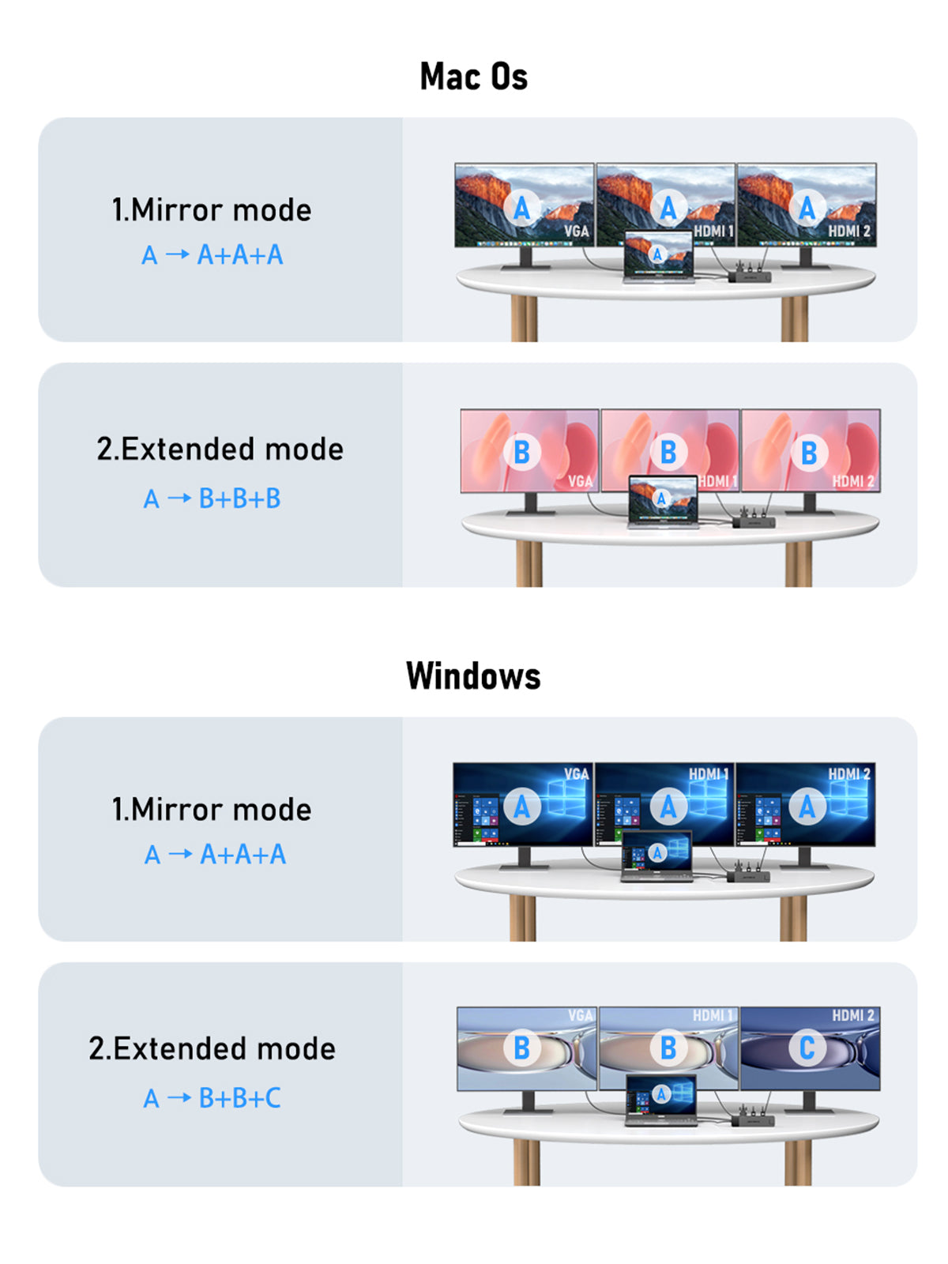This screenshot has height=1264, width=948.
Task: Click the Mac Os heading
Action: click(473, 77)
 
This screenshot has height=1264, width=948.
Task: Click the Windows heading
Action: click(473, 676)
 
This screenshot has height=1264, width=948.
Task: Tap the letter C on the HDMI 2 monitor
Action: click(807, 1048)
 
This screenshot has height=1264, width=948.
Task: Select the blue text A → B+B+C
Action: click(212, 1097)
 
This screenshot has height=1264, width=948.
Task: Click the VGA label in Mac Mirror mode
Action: click(576, 231)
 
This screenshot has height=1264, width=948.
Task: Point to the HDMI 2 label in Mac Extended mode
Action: click(852, 480)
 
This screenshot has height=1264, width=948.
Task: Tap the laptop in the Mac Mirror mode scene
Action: click(658, 257)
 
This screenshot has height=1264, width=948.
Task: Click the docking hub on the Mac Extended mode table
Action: click(754, 521)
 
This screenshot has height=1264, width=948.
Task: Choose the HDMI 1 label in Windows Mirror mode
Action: click(708, 774)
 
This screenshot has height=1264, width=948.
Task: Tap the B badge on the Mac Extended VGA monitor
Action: click(521, 452)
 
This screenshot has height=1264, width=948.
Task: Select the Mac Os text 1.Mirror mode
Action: click(212, 210)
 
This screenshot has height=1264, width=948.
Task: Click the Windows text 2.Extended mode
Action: click(212, 1048)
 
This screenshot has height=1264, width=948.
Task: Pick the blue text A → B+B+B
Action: click(212, 498)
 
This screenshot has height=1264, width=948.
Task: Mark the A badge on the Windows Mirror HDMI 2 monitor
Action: click(807, 807)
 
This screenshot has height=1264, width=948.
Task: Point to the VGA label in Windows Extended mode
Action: click(580, 1015)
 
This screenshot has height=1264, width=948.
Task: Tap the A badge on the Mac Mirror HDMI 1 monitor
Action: click(668, 208)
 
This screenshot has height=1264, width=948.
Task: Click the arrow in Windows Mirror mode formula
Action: click(180, 854)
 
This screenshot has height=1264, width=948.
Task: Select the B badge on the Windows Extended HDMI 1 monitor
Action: click(668, 1048)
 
